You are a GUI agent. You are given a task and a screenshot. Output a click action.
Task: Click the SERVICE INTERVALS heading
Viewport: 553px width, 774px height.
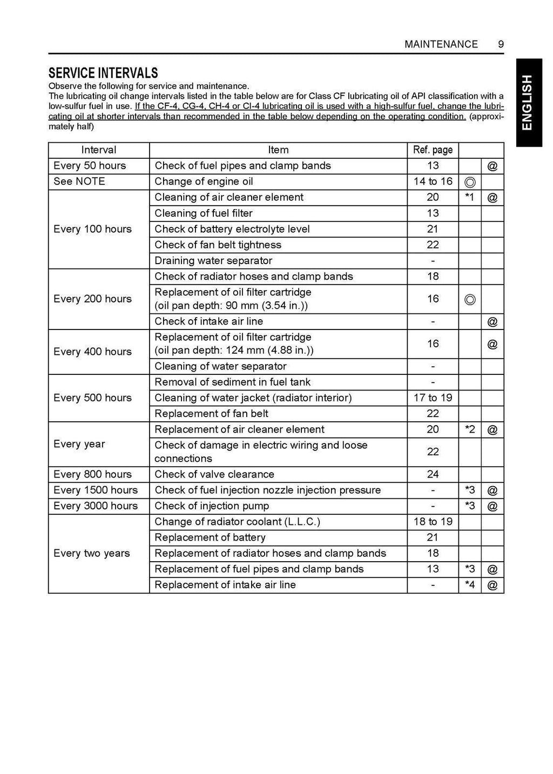(x=103, y=73)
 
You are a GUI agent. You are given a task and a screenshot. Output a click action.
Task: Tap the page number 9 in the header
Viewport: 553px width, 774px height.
(x=501, y=44)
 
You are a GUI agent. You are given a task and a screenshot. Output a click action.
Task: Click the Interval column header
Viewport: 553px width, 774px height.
(x=98, y=150)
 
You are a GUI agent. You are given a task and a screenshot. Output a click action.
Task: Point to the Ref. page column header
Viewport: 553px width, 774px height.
(x=433, y=150)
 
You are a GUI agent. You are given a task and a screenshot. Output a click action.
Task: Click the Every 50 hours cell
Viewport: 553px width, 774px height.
(x=90, y=166)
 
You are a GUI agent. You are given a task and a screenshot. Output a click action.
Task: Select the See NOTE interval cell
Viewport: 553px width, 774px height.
(x=79, y=181)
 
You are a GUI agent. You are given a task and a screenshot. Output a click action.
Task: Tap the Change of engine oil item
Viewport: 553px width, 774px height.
(x=204, y=181)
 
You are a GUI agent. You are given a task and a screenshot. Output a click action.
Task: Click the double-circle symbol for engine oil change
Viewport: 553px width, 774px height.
(x=469, y=182)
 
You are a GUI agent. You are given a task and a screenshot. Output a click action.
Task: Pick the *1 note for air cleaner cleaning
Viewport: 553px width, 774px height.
(x=469, y=198)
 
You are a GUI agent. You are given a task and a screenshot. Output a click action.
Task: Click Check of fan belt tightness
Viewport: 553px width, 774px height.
(x=218, y=245)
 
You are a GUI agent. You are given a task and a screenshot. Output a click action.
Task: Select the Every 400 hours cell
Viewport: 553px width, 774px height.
(x=92, y=352)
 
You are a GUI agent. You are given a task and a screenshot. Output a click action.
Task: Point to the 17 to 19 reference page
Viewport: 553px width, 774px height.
(x=433, y=398)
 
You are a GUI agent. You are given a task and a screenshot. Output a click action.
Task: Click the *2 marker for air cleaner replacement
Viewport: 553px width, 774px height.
(x=469, y=430)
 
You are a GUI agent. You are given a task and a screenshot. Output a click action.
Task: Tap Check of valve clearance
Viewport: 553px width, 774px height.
(x=214, y=474)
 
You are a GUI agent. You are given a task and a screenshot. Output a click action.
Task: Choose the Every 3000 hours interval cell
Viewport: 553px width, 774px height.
(x=96, y=506)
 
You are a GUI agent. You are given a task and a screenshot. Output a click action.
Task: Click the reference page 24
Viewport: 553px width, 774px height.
(x=433, y=474)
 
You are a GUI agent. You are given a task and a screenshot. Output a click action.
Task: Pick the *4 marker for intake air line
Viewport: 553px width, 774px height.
(x=469, y=585)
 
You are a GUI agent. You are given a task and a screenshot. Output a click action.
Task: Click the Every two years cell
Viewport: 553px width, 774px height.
(x=92, y=553)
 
